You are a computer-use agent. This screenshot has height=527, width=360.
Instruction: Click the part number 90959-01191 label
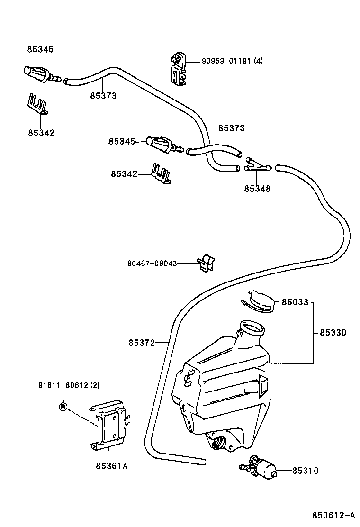point(232,61)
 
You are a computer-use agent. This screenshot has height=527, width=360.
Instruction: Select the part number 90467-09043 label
point(152,263)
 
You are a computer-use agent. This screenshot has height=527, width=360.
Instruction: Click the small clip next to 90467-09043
point(207,263)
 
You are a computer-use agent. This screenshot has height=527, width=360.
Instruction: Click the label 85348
point(257,189)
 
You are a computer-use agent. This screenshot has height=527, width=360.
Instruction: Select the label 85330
point(333,333)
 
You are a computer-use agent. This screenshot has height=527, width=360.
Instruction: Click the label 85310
point(305,471)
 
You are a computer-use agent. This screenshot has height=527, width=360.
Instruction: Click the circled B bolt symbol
point(63,406)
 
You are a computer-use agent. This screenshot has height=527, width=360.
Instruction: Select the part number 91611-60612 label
point(69,385)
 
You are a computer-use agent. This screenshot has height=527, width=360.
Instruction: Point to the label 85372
point(141,342)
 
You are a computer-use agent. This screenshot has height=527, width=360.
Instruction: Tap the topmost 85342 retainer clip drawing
point(37,104)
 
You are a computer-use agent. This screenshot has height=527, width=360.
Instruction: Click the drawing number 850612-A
point(333,515)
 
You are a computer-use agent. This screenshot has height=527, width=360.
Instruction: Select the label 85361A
point(112,465)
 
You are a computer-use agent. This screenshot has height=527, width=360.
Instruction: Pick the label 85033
point(295,302)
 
